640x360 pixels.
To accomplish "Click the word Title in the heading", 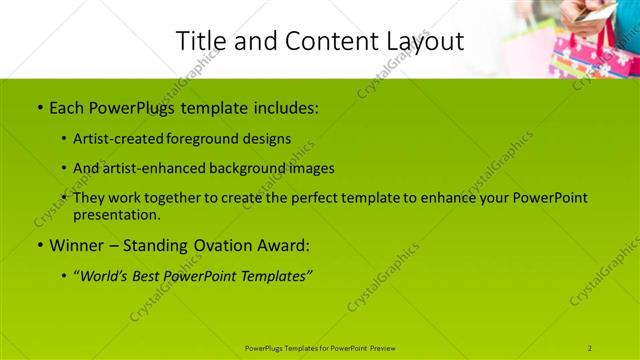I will [200, 41].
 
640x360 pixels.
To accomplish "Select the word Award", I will [287, 244].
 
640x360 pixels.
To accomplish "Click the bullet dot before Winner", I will [38, 245].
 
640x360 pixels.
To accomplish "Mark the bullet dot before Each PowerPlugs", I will [38, 107].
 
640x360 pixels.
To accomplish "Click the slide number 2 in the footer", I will [590, 348].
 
